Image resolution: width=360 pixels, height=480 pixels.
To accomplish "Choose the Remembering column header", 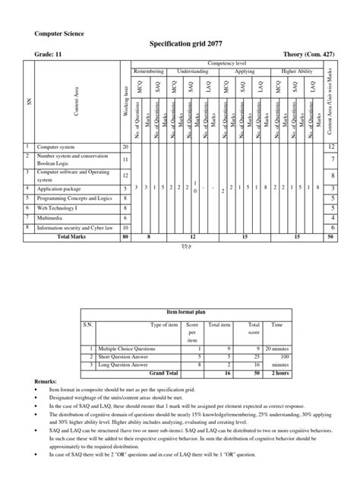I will click(x=148, y=71).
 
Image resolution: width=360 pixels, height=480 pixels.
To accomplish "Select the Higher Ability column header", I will click(x=298, y=71).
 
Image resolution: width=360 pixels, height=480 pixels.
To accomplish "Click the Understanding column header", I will click(x=192, y=71).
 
